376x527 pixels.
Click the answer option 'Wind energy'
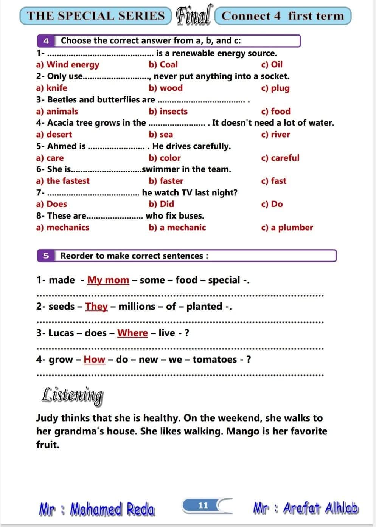click(68, 65)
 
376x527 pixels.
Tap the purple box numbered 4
click(46, 41)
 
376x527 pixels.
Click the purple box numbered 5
click(46, 256)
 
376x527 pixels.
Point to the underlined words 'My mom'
click(108, 280)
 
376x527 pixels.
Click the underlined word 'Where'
click(132, 333)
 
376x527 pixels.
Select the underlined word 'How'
click(94, 360)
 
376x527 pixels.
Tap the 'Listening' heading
click(72, 395)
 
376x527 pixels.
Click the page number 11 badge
click(203, 506)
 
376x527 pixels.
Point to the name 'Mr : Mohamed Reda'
click(97, 509)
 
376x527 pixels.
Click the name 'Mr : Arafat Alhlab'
click(306, 508)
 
